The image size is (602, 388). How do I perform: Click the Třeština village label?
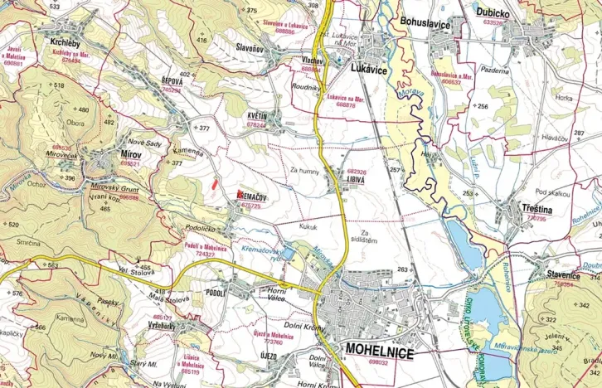(x=538, y=210)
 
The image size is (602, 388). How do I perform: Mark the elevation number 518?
(x=59, y=85)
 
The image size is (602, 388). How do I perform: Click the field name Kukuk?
(x=308, y=226)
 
